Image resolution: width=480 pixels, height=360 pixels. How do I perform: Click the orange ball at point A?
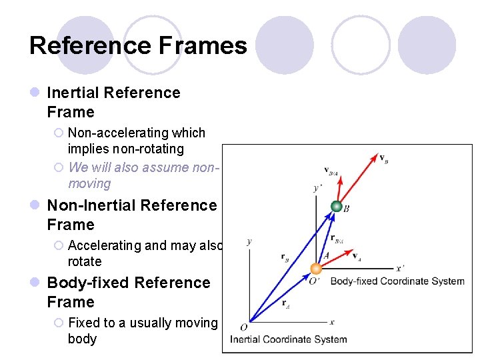click(x=316, y=269)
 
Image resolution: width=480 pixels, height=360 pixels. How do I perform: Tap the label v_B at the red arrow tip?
click(x=383, y=159)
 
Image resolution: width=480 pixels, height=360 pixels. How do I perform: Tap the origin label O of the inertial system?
click(x=243, y=327)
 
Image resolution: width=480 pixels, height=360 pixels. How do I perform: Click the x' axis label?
click(x=400, y=268)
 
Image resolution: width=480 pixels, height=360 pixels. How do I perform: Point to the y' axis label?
click(x=317, y=189)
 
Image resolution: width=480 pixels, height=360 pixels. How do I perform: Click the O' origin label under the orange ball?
click(x=313, y=281)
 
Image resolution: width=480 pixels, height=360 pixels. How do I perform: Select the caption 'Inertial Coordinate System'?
click(x=288, y=339)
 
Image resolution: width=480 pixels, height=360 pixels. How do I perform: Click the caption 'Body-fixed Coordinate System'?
click(x=397, y=281)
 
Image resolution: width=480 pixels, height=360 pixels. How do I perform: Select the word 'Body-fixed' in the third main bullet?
click(x=89, y=283)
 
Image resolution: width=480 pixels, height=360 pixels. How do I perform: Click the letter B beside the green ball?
click(x=347, y=209)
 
